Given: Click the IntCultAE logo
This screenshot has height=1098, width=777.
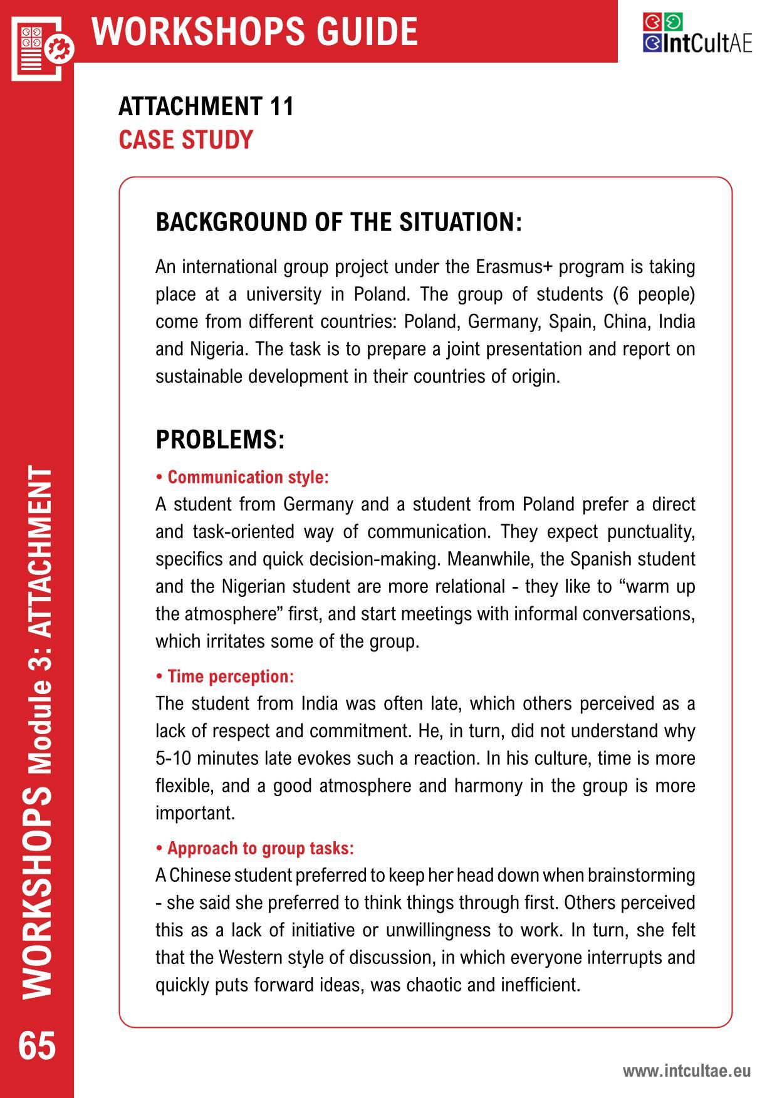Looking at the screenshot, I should click(697, 33).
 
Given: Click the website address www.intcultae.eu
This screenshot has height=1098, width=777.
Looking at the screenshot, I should click(686, 1071).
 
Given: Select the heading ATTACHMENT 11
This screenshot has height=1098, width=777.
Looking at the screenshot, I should click(206, 106).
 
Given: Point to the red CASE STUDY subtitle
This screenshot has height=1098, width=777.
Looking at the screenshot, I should click(185, 140).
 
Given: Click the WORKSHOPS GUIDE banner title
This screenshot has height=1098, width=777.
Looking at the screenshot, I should click(254, 31).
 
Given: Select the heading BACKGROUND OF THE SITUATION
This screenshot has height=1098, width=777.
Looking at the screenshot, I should click(338, 222).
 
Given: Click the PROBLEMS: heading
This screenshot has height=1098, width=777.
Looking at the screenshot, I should click(220, 440).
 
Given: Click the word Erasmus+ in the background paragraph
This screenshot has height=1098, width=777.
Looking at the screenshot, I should click(513, 267).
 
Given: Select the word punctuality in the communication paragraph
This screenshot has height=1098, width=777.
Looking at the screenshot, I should click(651, 532).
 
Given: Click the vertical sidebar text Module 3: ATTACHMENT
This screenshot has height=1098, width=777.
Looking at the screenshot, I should click(39, 621).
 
